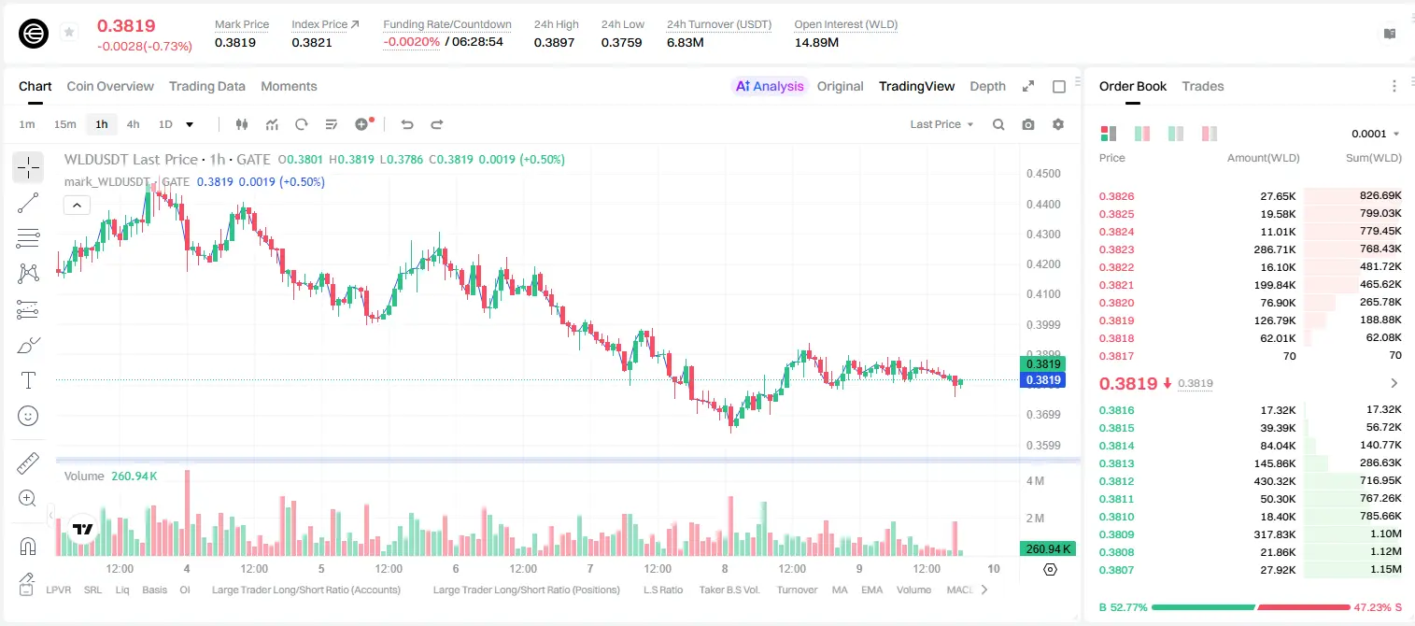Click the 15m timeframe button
(65, 124)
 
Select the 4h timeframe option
(133, 124)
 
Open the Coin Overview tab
(110, 86)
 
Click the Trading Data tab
(206, 86)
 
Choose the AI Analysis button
(770, 86)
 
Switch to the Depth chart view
(987, 86)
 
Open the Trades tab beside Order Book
(1202, 86)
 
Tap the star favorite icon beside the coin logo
(69, 32)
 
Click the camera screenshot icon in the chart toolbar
(1027, 124)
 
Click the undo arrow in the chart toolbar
(407, 124)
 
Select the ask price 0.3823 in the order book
(1116, 249)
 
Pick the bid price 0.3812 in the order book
(1116, 481)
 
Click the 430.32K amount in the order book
(1274, 481)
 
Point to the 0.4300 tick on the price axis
(1043, 234)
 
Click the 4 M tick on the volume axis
(1035, 481)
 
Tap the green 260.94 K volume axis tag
(1047, 549)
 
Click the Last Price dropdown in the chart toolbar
(941, 124)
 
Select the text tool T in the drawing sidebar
(28, 380)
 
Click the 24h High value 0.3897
(554, 42)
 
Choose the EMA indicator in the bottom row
(871, 590)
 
